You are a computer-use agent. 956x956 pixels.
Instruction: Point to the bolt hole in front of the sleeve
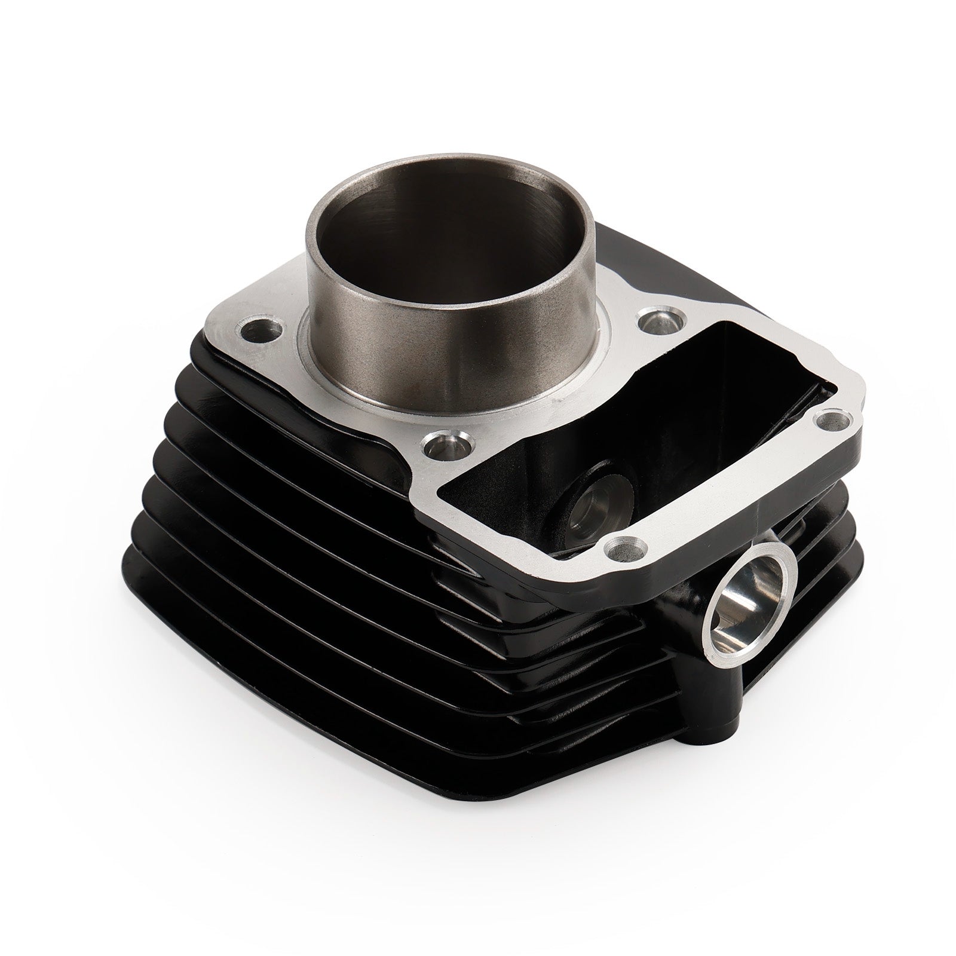click(x=445, y=445)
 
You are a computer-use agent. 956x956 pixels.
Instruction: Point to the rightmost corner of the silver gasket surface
click(x=860, y=412)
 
